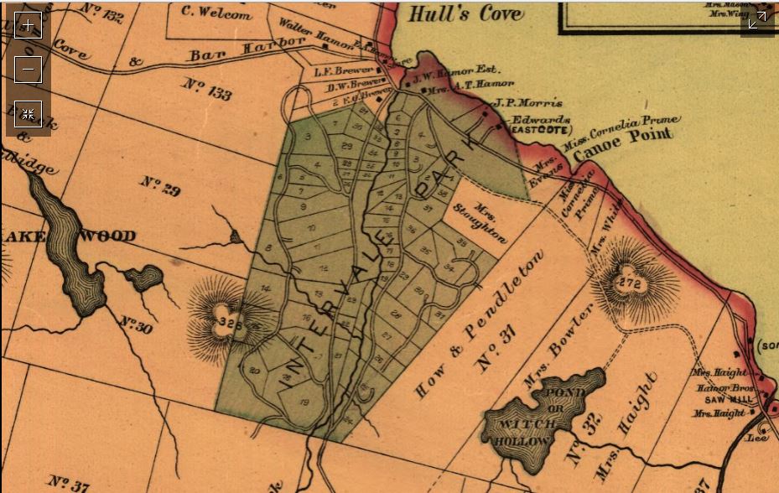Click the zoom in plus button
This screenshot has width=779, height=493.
pyautogui.click(x=29, y=25)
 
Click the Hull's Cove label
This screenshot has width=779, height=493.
pyautogui.click(x=464, y=13)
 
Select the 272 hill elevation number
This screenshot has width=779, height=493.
pyautogui.click(x=630, y=284)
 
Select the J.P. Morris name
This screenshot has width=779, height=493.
pyautogui.click(x=528, y=103)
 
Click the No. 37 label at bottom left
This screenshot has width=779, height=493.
pyautogui.click(x=68, y=483)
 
